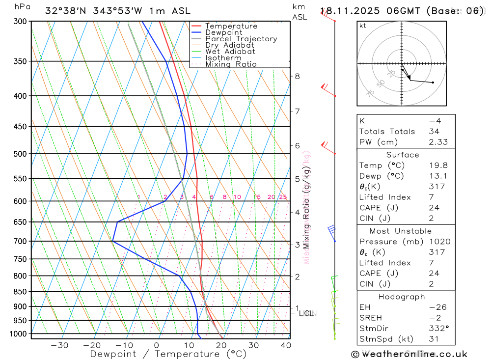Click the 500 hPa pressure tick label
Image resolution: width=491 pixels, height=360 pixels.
point(21,154)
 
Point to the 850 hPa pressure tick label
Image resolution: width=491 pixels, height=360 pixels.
point(21,292)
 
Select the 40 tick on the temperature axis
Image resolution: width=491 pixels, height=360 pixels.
point(285,345)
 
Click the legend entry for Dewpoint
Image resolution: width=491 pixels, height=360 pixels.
point(224,32)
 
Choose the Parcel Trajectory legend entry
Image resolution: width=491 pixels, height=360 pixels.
point(241,39)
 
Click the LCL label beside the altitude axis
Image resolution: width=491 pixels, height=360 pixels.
point(306,313)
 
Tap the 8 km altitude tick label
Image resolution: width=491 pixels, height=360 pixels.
point(297,76)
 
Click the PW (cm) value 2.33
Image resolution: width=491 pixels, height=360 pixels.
point(437,142)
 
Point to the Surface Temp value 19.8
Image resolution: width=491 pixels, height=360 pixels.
point(437,166)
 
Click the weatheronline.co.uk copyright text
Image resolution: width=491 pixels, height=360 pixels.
point(409,354)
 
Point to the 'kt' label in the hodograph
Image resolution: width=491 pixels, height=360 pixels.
point(363,26)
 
